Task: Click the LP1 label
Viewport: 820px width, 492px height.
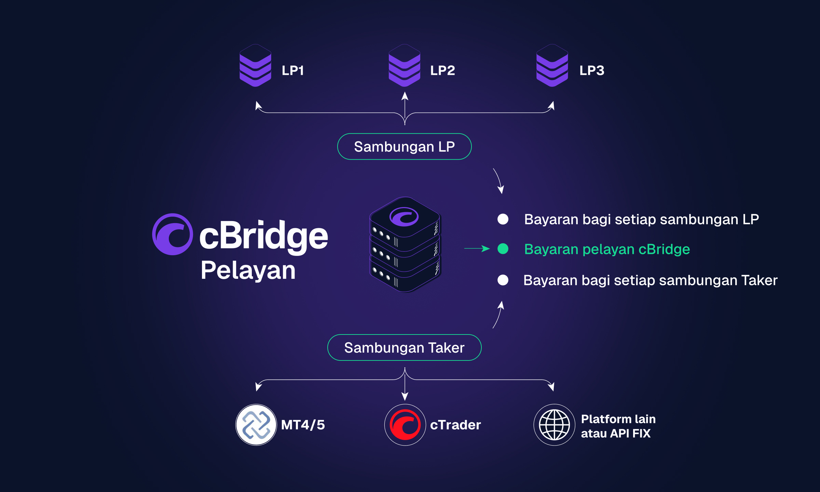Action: (292, 71)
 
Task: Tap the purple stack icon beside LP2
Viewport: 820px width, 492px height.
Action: (405, 66)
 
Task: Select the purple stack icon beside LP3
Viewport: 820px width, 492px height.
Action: (552, 66)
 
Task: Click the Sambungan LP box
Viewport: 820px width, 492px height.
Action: (405, 147)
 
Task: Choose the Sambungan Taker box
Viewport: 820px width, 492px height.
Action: (405, 347)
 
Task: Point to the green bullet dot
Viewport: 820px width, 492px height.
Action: (503, 249)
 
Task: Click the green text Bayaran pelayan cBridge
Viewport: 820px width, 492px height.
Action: (607, 249)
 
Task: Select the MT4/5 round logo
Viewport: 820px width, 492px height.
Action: (256, 425)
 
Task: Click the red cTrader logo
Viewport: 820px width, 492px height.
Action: (405, 425)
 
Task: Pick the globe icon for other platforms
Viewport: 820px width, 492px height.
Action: (554, 425)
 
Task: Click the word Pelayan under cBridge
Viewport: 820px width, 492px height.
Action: (248, 270)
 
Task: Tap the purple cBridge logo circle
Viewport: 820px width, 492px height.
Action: (173, 234)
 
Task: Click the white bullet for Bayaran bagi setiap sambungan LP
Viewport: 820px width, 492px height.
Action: (503, 219)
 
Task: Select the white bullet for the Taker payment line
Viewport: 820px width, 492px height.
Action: (503, 280)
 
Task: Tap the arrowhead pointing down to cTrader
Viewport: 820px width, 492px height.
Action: (405, 396)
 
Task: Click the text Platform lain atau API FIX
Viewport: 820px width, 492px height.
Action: (618, 426)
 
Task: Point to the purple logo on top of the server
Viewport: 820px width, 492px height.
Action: (404, 217)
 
